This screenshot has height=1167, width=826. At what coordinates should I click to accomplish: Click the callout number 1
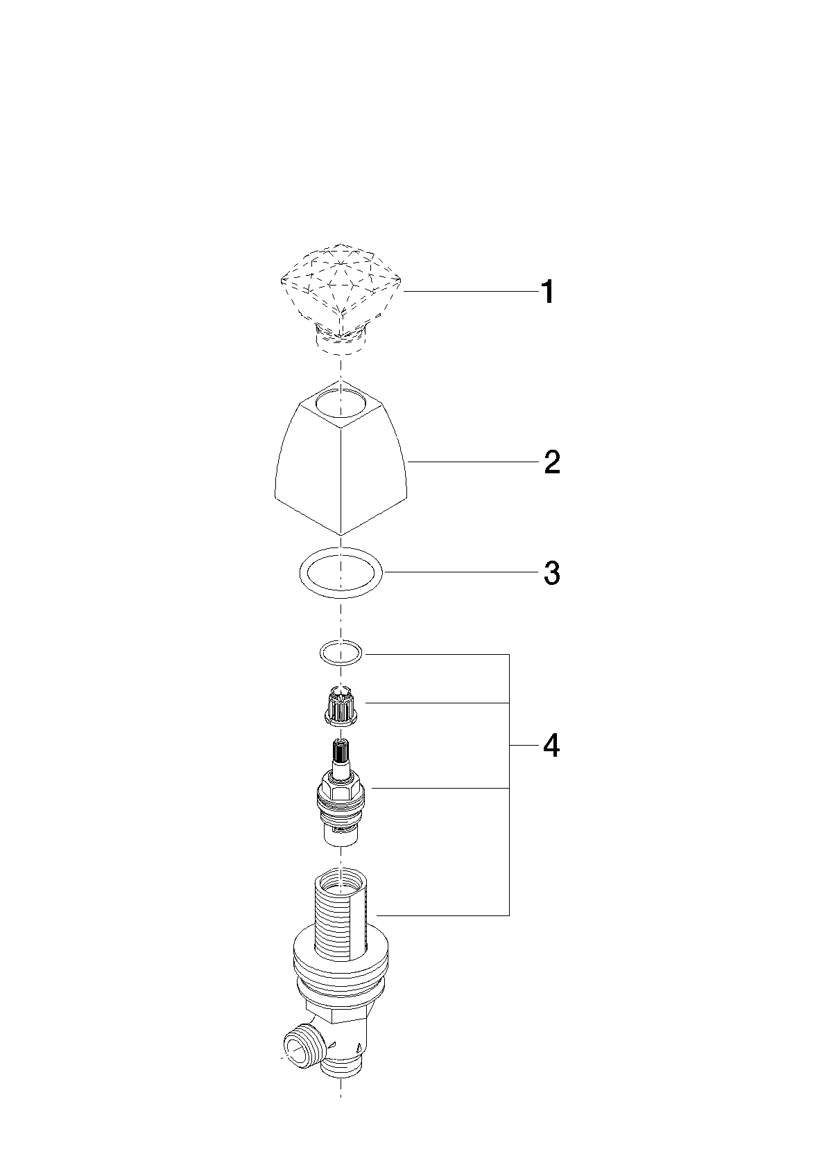547,292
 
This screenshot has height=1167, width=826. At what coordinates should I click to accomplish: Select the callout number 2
552,462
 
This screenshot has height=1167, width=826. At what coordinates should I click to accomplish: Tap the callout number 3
552,573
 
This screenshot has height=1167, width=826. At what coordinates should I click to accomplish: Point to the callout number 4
551,746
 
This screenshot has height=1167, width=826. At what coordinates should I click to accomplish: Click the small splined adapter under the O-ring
341,705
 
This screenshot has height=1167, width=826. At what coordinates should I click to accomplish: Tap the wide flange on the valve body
341,963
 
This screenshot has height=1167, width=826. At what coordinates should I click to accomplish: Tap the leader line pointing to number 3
462,572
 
